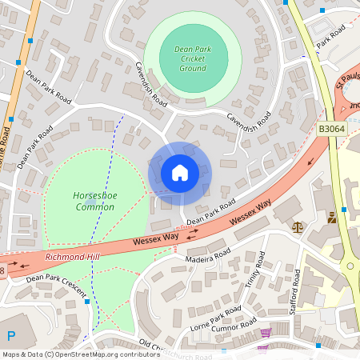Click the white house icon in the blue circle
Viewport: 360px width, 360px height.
pyautogui.click(x=179, y=173)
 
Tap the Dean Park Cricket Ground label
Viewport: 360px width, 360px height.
pyautogui.click(x=193, y=58)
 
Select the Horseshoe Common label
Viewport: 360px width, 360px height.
pyautogui.click(x=94, y=201)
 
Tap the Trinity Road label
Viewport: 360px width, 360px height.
pyautogui.click(x=252, y=278)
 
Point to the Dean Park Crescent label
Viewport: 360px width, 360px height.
pyautogui.click(x=56, y=287)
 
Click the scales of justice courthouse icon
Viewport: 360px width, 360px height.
pyautogui.click(x=298, y=227)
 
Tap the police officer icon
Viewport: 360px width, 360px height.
pyautogui.click(x=332, y=217)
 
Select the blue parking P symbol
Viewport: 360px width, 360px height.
pyautogui.click(x=11, y=337)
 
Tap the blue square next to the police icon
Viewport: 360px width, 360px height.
pyautogui.click(x=344, y=210)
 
